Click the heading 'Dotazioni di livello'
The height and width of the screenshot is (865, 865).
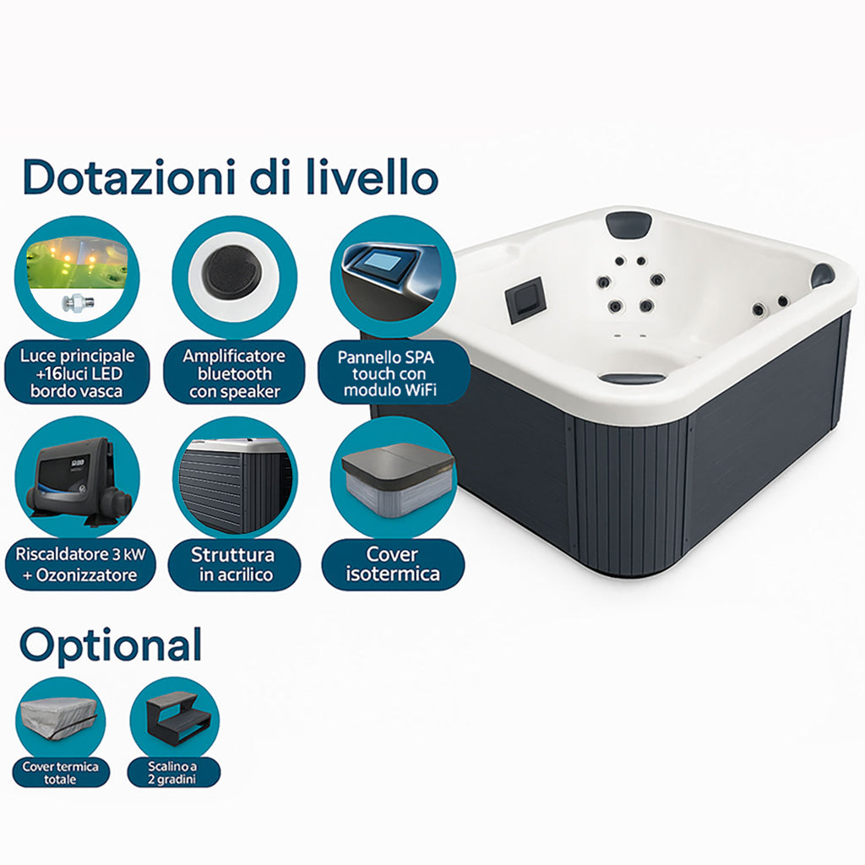tap(231, 177)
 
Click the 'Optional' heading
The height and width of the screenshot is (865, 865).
tap(111, 646)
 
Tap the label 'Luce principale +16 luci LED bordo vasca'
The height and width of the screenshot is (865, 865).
tap(77, 373)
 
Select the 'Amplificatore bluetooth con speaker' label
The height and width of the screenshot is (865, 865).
tap(235, 373)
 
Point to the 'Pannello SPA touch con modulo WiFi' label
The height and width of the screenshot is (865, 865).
tap(386, 373)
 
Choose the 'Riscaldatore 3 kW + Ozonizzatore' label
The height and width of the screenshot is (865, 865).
tap(80, 564)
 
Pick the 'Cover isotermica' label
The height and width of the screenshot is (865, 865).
tap(393, 564)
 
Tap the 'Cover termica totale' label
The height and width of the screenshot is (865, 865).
tap(61, 772)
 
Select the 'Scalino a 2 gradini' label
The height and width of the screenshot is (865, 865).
tap(173, 772)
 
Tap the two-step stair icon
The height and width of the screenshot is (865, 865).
tap(176, 717)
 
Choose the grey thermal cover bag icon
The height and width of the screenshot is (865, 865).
tap(61, 721)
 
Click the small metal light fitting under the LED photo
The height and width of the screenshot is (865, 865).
tap(78, 302)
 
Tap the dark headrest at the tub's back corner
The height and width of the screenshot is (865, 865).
tap(628, 223)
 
